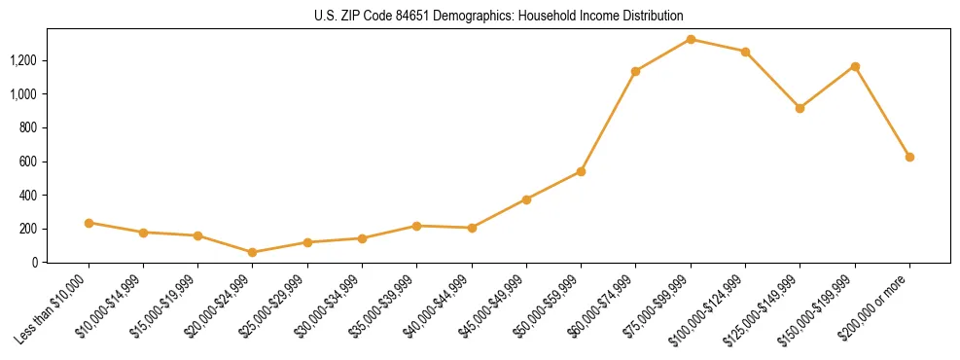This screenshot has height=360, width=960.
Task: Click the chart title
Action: click(x=498, y=16)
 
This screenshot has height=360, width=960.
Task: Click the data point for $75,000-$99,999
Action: click(x=691, y=39)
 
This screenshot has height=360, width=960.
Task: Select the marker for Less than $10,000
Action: click(x=89, y=223)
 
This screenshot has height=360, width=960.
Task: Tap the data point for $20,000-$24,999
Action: click(x=253, y=252)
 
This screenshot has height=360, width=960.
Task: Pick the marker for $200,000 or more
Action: click(x=909, y=157)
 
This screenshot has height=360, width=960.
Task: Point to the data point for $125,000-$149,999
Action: click(x=800, y=108)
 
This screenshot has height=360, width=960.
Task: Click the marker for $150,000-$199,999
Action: click(x=855, y=66)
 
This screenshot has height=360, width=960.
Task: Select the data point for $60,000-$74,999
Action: click(x=635, y=71)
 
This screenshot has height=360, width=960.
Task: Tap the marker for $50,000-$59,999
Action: click(x=581, y=171)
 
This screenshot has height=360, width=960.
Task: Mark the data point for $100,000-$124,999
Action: click(x=745, y=52)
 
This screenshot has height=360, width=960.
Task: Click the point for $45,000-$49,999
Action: click(x=526, y=199)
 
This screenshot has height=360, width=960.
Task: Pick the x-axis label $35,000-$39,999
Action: click(x=383, y=309)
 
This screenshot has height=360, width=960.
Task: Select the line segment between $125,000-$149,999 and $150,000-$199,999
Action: click(x=827, y=88)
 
